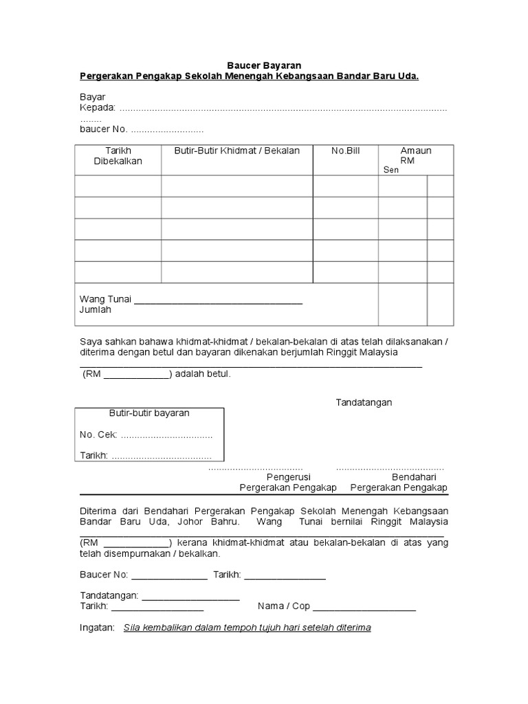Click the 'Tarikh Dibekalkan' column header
[x=118, y=155]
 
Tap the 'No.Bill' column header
[x=345, y=151]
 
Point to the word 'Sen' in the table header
[x=390, y=170]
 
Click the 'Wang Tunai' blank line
[x=218, y=301]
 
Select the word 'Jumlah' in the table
[x=96, y=310]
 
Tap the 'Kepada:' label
[x=98, y=108]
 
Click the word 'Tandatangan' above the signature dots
[x=363, y=402]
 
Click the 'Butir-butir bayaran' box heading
[x=149, y=413]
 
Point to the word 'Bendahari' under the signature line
[x=414, y=476]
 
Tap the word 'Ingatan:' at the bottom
[x=98, y=628]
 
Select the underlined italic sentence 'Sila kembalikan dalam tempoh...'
[x=247, y=628]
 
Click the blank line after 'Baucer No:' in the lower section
[x=169, y=575]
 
